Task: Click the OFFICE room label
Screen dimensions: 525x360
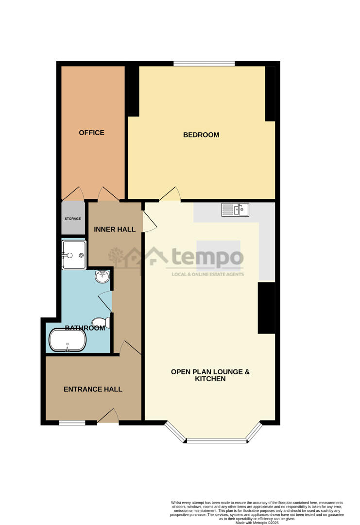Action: pyautogui.click(x=91, y=133)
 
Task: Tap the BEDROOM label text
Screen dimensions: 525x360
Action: pyautogui.click(x=201, y=135)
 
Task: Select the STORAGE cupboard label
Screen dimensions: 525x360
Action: pyautogui.click(x=73, y=219)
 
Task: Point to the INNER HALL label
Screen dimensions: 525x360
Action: pyautogui.click(x=115, y=229)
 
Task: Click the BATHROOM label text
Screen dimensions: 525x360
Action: pyautogui.click(x=86, y=328)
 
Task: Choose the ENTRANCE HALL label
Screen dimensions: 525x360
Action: pyautogui.click(x=93, y=389)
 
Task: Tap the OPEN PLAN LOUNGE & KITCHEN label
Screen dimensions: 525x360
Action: pyautogui.click(x=210, y=375)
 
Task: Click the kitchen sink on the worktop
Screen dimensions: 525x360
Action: pyautogui.click(x=235, y=210)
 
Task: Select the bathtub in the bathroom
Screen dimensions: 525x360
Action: pyautogui.click(x=68, y=340)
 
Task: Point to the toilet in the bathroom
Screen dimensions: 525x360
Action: pyautogui.click(x=102, y=322)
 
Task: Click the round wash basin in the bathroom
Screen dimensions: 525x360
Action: pyautogui.click(x=102, y=277)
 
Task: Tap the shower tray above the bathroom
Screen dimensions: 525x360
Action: pyautogui.click(x=74, y=255)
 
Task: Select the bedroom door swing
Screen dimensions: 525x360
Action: pyautogui.click(x=170, y=194)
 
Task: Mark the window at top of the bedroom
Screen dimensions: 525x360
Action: pyautogui.click(x=204, y=63)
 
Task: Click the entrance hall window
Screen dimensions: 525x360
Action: pyautogui.click(x=72, y=423)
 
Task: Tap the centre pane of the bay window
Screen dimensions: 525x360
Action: pyautogui.click(x=217, y=441)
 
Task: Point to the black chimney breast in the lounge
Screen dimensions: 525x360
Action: pyautogui.click(x=266, y=308)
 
